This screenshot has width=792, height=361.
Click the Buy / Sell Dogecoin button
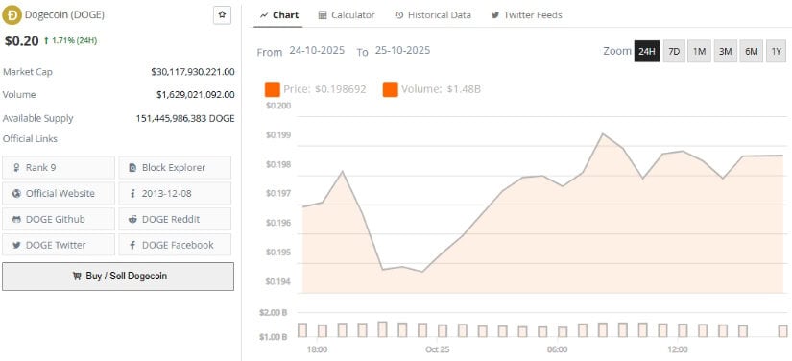(x=118, y=276)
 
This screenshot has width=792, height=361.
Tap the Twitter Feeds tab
(x=526, y=15)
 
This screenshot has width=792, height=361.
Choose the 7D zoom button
(x=674, y=52)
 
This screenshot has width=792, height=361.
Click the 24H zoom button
(x=647, y=52)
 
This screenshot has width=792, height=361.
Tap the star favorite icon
(x=223, y=15)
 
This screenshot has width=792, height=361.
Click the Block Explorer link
(x=175, y=167)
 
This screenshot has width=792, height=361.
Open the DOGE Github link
(x=59, y=219)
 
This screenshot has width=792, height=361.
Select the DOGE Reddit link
(x=175, y=219)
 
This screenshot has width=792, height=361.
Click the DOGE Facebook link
(x=175, y=245)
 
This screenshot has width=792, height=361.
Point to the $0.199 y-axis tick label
(x=277, y=135)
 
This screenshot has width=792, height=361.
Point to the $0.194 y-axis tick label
(x=277, y=281)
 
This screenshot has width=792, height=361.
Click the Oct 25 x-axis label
(x=437, y=349)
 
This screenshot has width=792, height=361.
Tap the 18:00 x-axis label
(x=317, y=349)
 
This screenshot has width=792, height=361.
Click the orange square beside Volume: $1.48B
(x=391, y=89)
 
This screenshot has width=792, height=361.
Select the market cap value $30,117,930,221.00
(x=192, y=72)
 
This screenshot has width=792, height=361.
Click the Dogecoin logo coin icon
(x=13, y=15)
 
